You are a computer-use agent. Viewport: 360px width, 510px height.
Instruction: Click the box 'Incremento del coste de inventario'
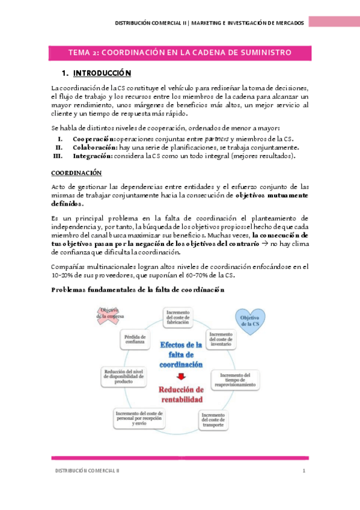tap(221, 339)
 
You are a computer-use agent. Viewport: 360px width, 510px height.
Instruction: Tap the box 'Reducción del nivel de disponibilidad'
tap(123, 376)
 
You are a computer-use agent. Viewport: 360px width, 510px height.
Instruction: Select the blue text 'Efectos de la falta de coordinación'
tap(181, 355)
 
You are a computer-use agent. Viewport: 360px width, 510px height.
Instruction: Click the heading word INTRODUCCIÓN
tap(102, 74)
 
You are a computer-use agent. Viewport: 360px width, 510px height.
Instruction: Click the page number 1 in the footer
tap(304, 470)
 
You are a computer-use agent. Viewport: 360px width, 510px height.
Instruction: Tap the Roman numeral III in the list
tap(58, 156)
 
